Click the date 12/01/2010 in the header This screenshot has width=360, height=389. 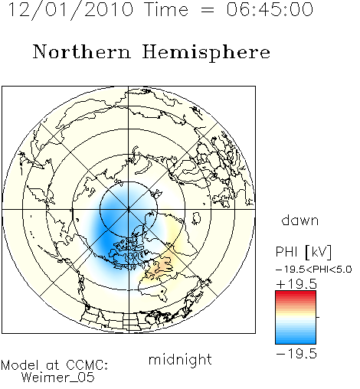pos(71,10)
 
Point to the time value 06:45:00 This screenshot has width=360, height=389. pos(270,10)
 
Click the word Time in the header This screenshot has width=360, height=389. pos(166,10)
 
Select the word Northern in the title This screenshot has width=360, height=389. pos(82,51)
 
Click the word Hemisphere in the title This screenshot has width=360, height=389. pos(206,53)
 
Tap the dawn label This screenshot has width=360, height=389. pos(300,220)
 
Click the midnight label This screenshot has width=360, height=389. pos(180,359)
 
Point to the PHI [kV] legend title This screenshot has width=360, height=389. pos(303,252)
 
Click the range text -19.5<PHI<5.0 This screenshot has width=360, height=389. pos(314,270)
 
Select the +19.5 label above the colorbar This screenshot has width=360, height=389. pos(296,284)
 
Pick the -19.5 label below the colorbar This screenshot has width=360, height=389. pos(296,354)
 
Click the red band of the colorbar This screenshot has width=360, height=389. pos(296,296)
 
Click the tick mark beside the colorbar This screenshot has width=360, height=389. pos(318,317)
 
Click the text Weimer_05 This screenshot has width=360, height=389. pos(58,378)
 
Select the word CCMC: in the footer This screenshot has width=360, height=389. pos(87,365)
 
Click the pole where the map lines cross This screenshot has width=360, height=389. pos(129,209)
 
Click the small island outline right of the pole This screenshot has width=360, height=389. pos(196,218)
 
